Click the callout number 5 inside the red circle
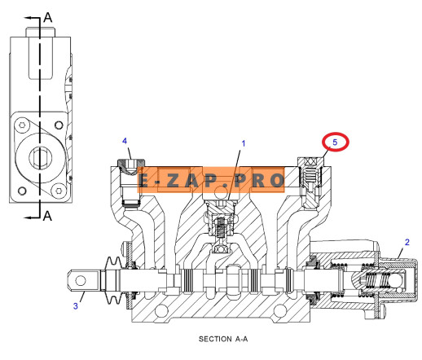coord(335,142)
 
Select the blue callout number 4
coord(125,141)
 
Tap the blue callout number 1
coord(244,143)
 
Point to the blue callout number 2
coord(407,242)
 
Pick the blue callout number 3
coord(76,306)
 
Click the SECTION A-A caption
coord(223,339)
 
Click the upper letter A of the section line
coord(48,17)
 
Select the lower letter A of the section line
coord(47,216)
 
